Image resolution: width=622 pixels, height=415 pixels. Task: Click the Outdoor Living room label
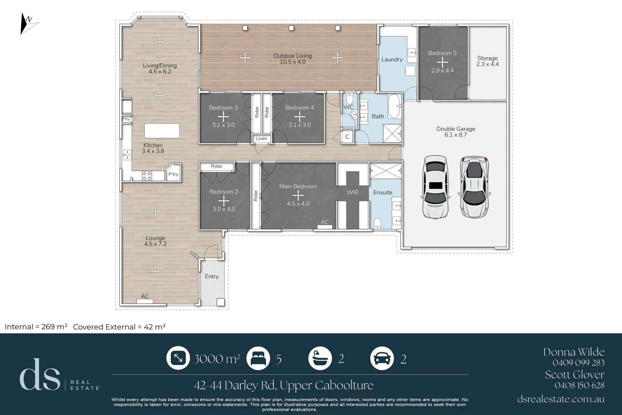point(293,56)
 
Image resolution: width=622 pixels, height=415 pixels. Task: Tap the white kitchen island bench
point(162,131)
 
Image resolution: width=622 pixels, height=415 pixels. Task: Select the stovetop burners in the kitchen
point(147,176)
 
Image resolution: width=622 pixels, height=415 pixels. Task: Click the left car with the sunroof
point(435,187)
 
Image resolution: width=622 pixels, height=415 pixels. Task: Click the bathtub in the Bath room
point(394,106)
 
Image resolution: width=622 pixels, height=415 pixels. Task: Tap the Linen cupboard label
point(261,139)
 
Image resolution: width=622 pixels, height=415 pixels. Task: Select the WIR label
point(352,192)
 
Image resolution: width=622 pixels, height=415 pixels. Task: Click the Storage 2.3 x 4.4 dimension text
point(488,64)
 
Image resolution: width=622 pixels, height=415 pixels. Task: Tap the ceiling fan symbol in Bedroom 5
point(442,62)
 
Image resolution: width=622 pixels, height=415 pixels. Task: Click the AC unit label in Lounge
point(145,296)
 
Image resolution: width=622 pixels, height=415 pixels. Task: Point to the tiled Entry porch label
point(212,276)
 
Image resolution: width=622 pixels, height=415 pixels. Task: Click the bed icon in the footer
point(258,358)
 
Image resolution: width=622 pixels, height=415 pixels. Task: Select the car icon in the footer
point(382,358)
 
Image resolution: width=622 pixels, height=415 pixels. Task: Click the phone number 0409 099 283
point(578,363)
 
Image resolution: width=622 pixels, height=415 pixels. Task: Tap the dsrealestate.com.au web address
point(561,399)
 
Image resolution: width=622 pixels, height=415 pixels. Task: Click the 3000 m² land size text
point(217,359)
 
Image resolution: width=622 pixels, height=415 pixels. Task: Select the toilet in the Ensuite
point(377,223)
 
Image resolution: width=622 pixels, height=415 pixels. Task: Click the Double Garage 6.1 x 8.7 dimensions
point(456,135)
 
